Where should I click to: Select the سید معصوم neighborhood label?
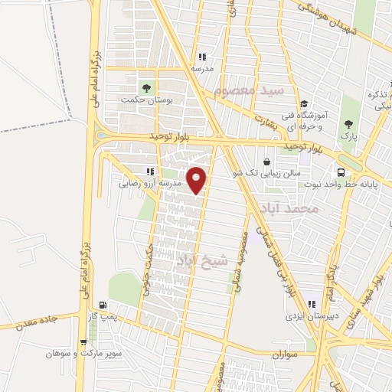[248, 91]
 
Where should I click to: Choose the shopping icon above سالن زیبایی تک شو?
[266, 162]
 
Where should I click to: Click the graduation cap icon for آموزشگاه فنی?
[304, 104]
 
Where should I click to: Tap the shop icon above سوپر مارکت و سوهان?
[83, 342]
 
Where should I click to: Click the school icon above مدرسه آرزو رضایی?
[149, 172]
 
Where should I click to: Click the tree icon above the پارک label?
[349, 124]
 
